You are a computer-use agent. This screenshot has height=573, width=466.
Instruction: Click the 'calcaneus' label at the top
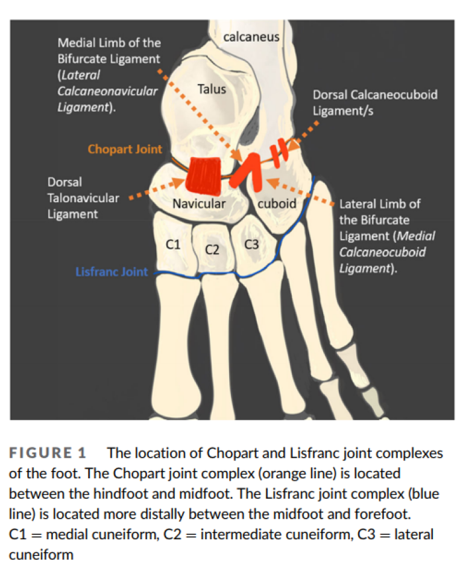[x=251, y=37]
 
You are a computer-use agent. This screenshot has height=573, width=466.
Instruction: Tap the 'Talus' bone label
[x=212, y=89]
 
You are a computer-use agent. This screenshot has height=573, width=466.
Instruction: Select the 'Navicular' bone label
[x=199, y=203]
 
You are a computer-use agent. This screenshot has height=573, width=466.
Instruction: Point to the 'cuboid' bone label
[x=277, y=203]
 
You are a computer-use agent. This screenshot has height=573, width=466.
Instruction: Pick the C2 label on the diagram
[x=212, y=249]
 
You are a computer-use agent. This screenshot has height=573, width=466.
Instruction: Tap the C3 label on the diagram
[x=251, y=245]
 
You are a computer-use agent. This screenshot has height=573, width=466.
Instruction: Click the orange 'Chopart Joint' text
[x=125, y=149]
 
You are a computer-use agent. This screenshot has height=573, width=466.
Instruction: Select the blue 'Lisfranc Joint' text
[x=112, y=272]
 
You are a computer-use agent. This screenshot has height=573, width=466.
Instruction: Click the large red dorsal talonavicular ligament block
[x=204, y=173]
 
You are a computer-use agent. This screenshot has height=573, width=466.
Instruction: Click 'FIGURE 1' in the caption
[x=48, y=453]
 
